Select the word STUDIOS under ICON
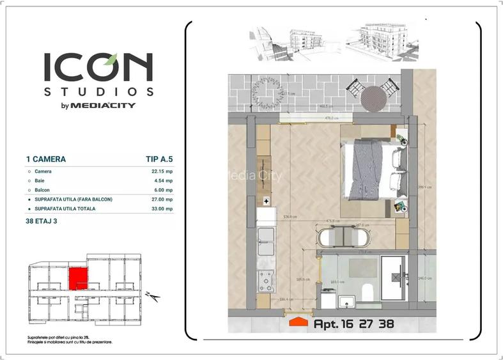coord(98,91)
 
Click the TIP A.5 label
coord(159,159)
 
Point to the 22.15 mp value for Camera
coord(160,171)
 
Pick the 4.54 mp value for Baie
coord(162,181)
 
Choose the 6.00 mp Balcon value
coord(162,190)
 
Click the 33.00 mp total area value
coord(160,208)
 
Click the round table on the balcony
coord(373,98)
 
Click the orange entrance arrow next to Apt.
coord(298,322)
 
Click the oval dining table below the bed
coord(344,237)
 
